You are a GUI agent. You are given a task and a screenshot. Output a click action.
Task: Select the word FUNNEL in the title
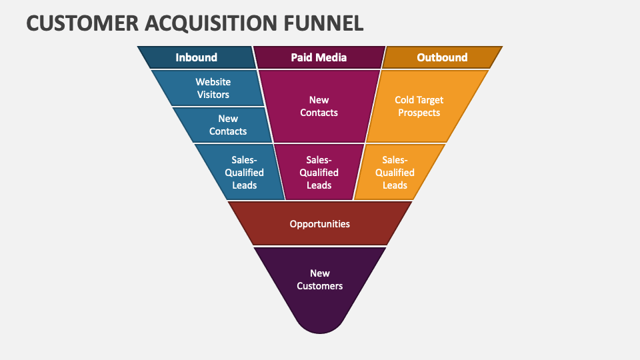coord(323,23)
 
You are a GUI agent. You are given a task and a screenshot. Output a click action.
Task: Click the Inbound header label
coord(196,57)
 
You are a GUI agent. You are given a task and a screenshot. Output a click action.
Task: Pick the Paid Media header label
coord(319,57)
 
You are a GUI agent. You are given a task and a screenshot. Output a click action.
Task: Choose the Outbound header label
coord(442,57)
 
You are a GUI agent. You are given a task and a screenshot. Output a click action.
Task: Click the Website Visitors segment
coord(213,88)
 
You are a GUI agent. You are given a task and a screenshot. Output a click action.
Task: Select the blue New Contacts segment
coord(228,125)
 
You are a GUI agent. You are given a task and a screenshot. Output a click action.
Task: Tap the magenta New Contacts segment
coord(319,106)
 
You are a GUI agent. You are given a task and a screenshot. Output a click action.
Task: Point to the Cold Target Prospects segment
coord(419,106)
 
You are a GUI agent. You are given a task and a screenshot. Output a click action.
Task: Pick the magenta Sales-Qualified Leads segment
coord(319,172)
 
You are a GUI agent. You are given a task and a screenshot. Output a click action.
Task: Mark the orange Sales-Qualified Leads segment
coord(395,172)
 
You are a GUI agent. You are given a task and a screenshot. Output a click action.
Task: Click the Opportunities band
coord(319,224)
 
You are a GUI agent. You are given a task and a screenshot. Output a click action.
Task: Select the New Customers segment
coord(319,279)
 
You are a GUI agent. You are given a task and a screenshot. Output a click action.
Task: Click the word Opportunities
coord(319,224)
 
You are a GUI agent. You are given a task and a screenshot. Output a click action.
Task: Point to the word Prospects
coord(419,113)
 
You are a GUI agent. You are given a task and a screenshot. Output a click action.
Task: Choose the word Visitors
coord(213,95)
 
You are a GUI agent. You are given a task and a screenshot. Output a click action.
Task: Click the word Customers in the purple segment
coord(319,286)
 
